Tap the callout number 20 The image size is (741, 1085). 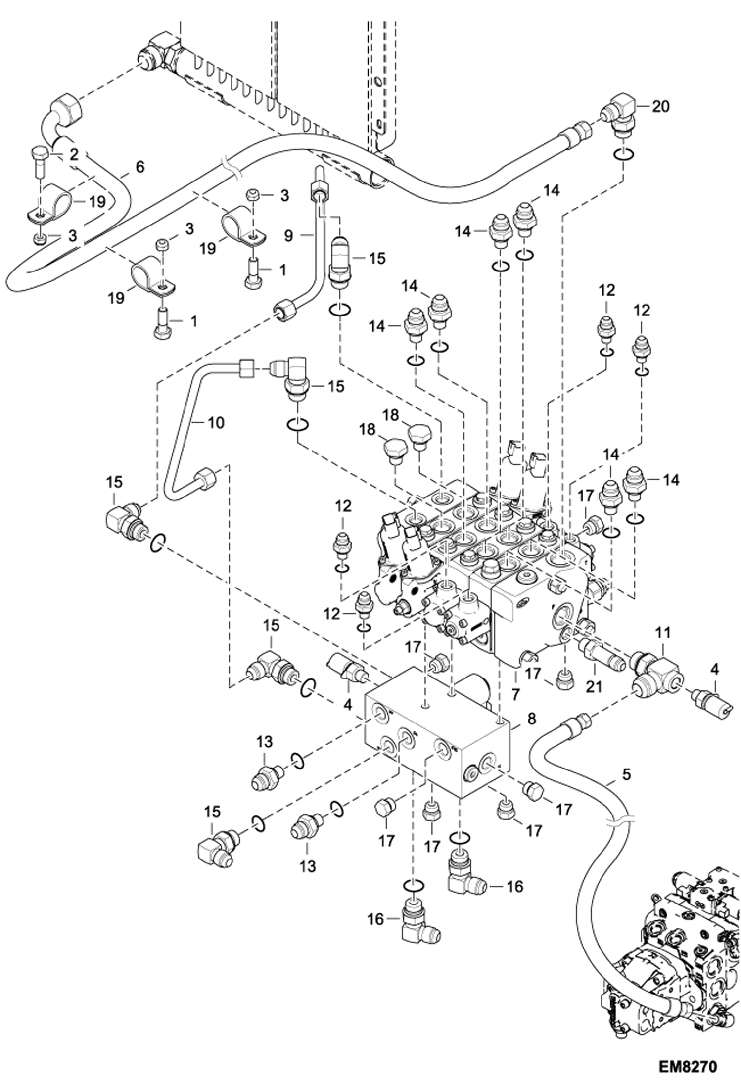point(660,106)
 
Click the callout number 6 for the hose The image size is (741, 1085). point(140,167)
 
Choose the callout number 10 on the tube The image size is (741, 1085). point(216,422)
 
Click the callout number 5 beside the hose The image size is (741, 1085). point(626,774)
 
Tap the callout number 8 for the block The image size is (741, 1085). point(531,718)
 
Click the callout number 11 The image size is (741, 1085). point(663,632)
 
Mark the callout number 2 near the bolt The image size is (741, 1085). point(74,155)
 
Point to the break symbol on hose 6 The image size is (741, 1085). point(231,167)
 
